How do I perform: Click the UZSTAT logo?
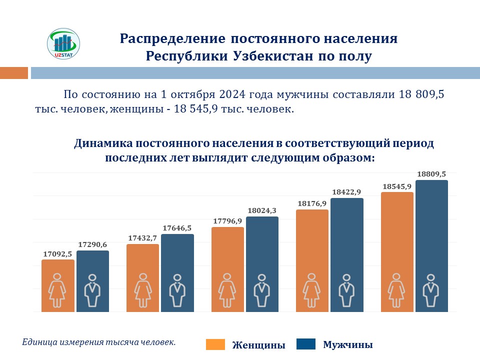[x=63, y=43]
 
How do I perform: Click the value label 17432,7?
[x=143, y=238]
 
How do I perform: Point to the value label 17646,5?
[x=177, y=228]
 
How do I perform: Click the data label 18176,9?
[x=312, y=203]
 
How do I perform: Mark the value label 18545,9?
[x=397, y=186]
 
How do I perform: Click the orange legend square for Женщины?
[x=215, y=344]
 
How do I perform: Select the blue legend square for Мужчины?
[x=306, y=344]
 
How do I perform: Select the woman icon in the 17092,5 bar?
[x=58, y=290]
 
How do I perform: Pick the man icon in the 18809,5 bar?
[x=431, y=290]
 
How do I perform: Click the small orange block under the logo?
[x=13, y=73]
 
